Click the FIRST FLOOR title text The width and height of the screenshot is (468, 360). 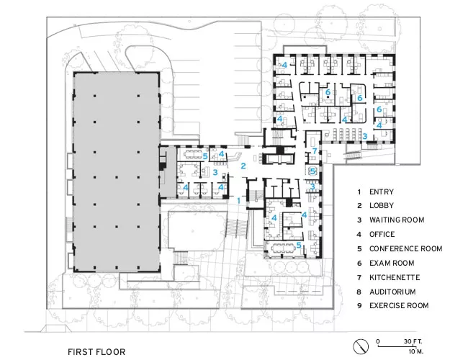(96, 352)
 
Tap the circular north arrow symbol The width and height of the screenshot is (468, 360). (361, 346)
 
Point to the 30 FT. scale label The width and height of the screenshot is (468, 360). (413, 341)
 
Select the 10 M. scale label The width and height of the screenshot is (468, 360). (415, 351)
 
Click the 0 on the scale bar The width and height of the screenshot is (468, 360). (378, 341)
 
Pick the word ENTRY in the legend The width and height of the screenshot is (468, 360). (382, 192)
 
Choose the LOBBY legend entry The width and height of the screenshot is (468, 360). (382, 206)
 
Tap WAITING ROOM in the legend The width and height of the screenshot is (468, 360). (397, 220)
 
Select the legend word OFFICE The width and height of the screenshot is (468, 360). (382, 234)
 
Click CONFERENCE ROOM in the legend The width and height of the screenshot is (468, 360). (405, 248)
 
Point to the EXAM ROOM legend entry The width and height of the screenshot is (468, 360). (392, 263)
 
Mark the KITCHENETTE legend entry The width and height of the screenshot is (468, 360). (395, 277)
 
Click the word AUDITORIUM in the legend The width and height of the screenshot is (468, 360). (392, 292)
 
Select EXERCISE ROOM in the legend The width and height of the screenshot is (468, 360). (399, 306)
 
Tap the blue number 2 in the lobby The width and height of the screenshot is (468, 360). (243, 166)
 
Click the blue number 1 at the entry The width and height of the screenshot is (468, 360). (238, 201)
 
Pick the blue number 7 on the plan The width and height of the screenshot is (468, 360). (315, 150)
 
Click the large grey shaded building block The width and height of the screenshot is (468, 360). (117, 172)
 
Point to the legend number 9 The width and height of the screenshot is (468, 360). (359, 306)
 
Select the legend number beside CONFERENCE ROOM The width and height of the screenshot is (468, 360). (359, 248)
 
